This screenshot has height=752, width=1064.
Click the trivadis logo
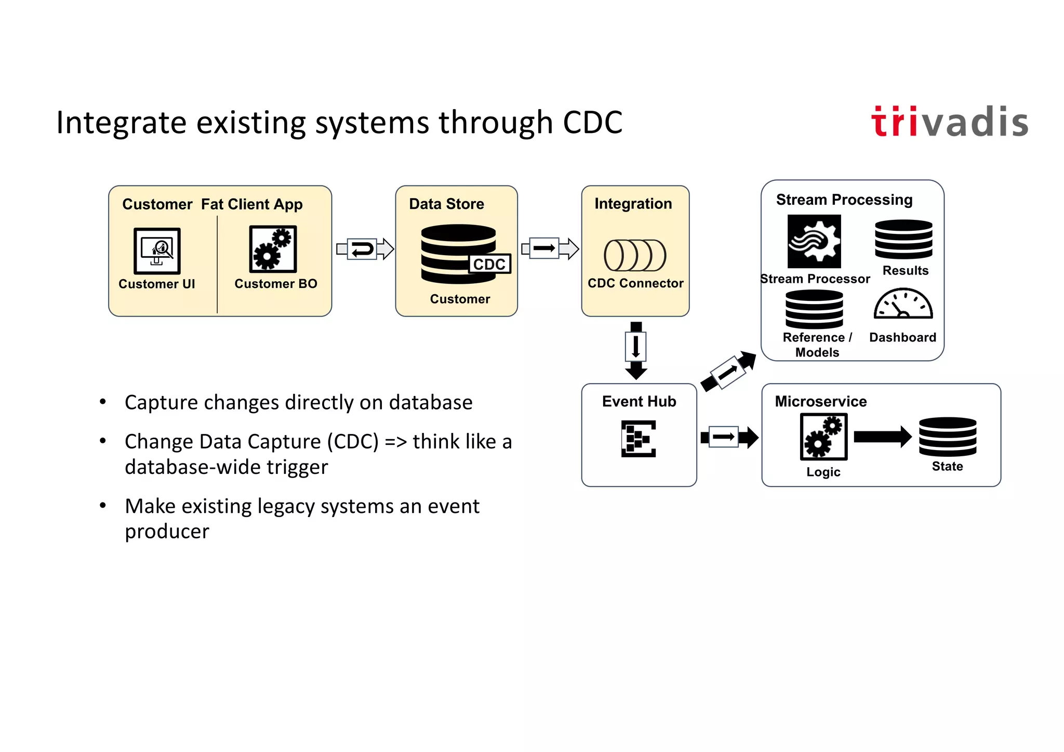click(x=949, y=123)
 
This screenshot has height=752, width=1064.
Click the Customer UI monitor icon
click(x=157, y=250)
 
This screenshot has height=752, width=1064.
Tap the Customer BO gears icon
click(x=273, y=249)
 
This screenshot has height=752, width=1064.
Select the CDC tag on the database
click(x=489, y=264)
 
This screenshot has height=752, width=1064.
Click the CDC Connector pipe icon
click(x=635, y=255)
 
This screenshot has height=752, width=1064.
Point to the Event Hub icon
click(x=639, y=439)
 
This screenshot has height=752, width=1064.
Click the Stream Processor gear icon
click(x=814, y=242)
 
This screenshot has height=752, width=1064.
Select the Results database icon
click(x=903, y=239)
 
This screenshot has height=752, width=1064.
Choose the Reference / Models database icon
click(x=814, y=309)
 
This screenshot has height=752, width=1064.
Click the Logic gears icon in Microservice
click(x=823, y=437)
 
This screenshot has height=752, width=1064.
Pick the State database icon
click(x=947, y=437)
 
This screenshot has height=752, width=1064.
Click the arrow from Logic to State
click(x=882, y=437)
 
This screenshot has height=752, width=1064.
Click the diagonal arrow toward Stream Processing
click(x=728, y=372)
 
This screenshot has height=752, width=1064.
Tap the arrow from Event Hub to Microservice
click(x=729, y=437)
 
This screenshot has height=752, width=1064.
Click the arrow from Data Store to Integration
click(x=550, y=248)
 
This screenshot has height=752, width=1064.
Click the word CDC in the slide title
click(x=592, y=123)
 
